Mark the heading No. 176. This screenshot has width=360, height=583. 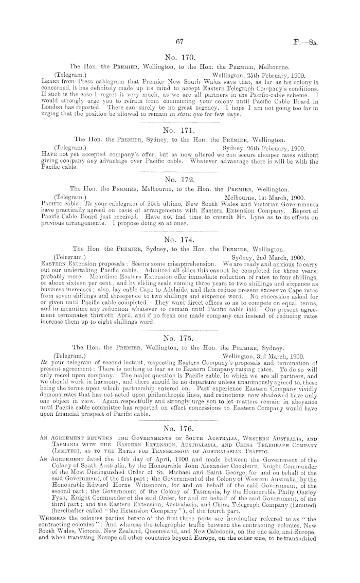(x=180, y=413)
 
